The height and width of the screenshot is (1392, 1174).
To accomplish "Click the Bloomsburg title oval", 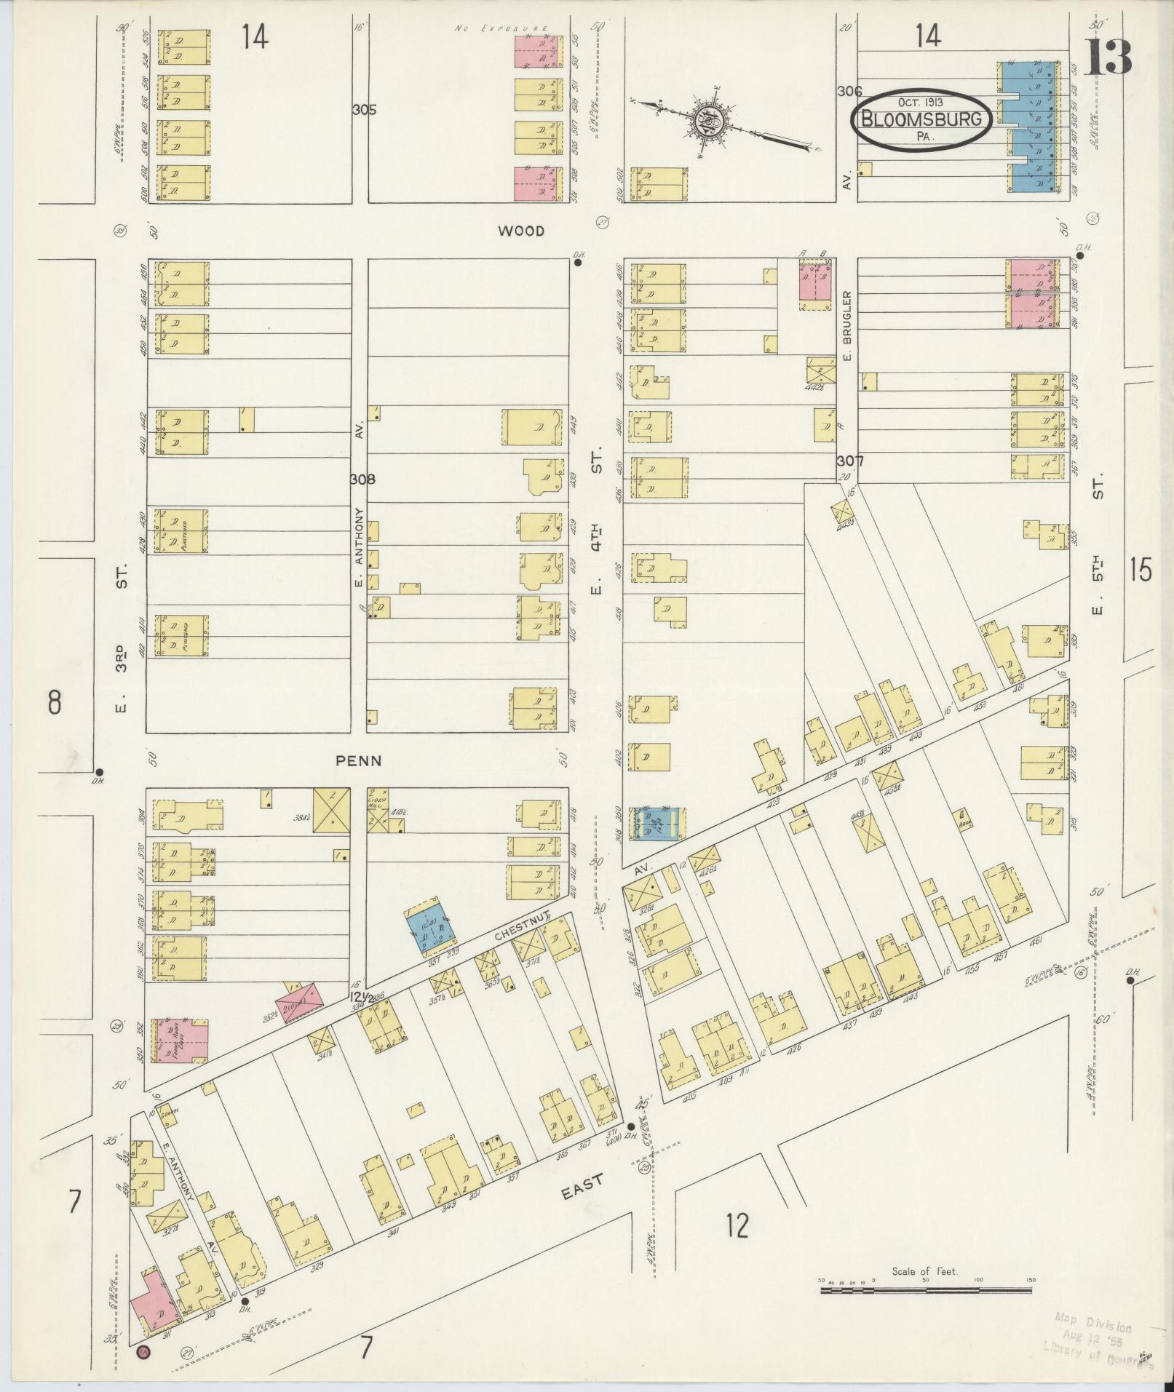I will coord(922,119).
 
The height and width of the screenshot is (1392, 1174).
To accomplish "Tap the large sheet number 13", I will coord(1108,57).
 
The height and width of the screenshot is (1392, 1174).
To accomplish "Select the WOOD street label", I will coord(521,231).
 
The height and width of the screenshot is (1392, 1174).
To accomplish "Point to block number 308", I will coord(362,480).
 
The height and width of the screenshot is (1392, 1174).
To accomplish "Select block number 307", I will coord(849,461).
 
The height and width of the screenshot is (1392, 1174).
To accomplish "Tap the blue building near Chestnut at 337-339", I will coord(431,926).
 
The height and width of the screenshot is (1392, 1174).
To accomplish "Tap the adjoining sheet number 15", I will coord(1141,570).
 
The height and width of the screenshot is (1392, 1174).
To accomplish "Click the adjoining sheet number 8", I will coord(54,704).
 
